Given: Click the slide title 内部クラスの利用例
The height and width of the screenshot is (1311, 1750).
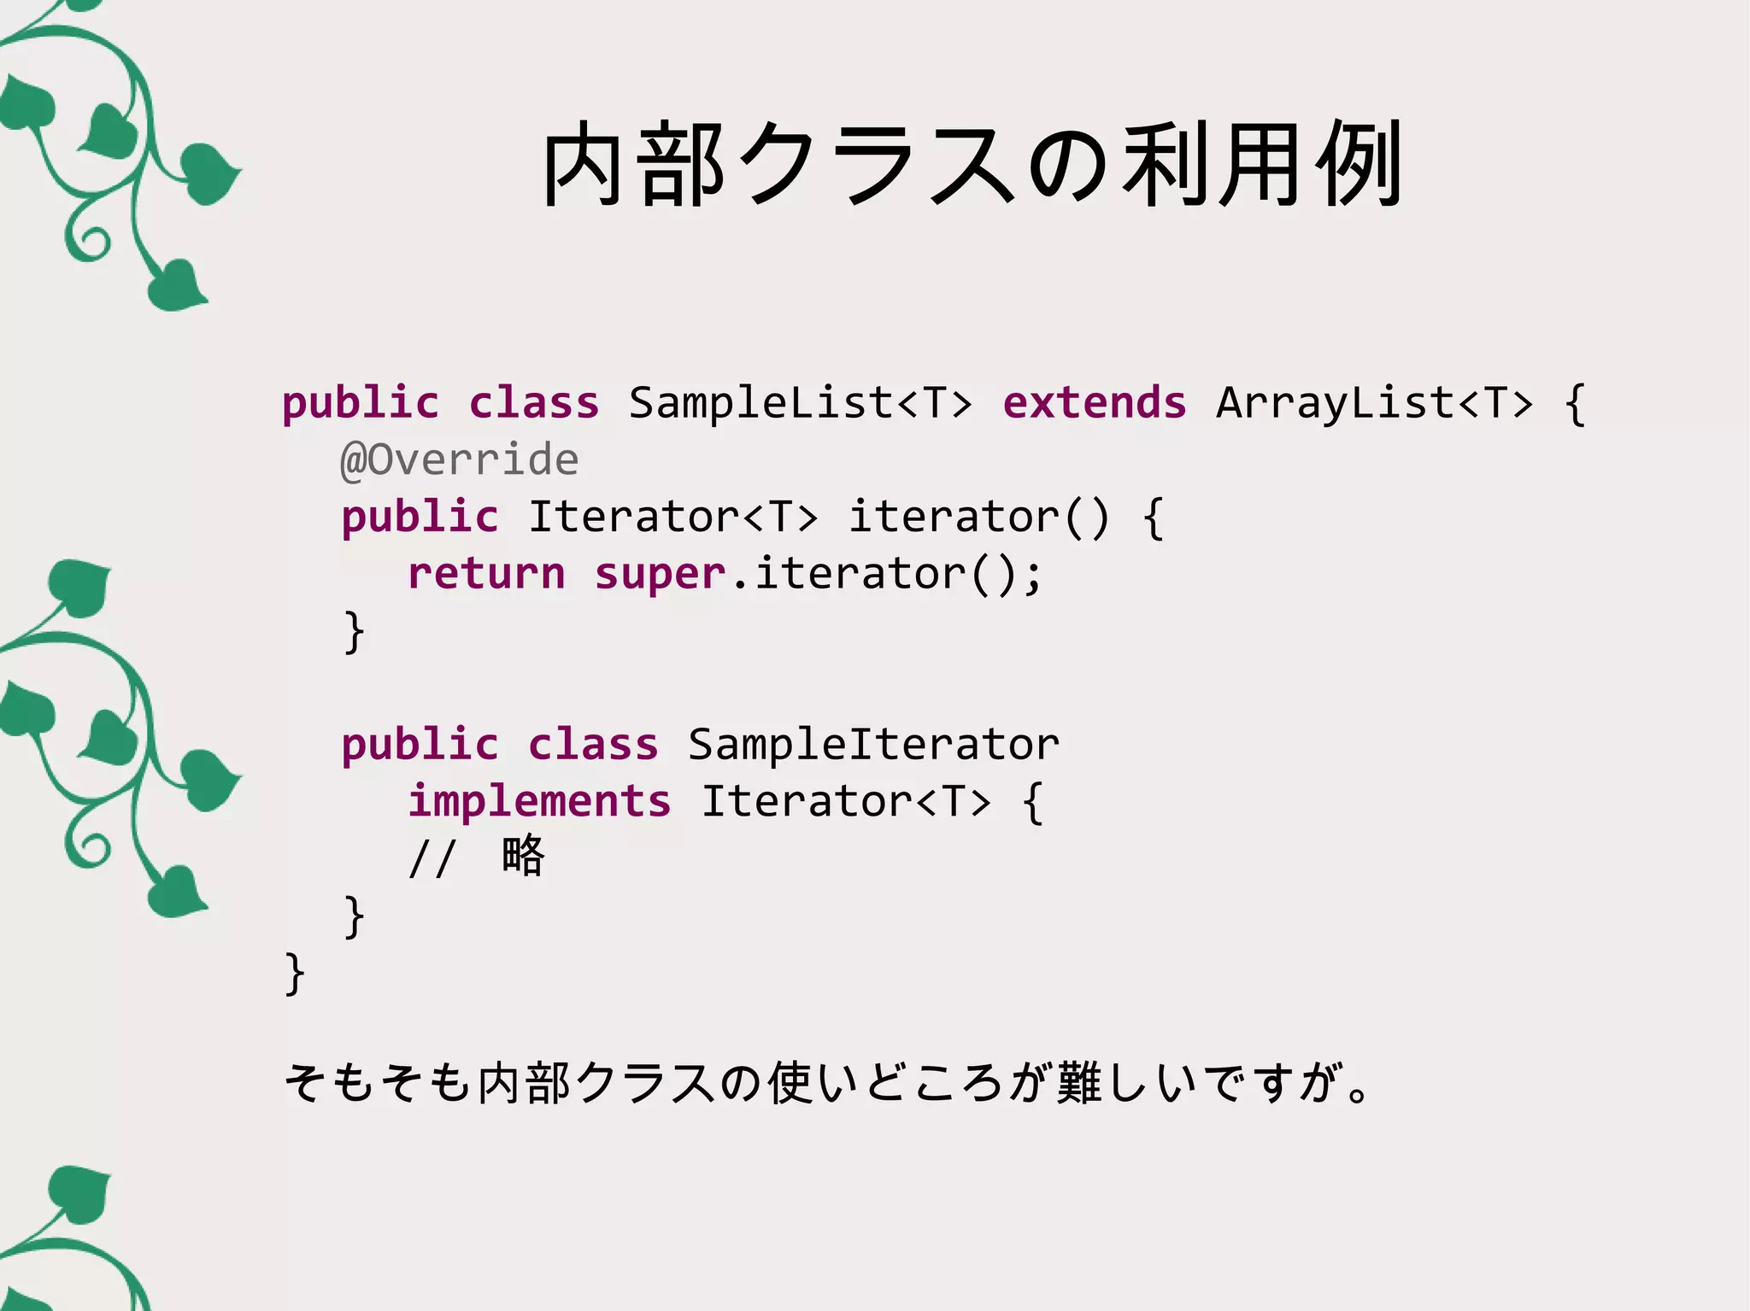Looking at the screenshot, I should coord(972,165).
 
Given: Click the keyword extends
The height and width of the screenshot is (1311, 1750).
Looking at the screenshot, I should coord(1095,403).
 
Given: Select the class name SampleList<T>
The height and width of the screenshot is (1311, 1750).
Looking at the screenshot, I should coord(801,403).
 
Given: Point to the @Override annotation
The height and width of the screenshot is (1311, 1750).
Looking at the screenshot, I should coord(460,460).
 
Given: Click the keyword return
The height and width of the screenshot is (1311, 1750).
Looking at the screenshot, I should coord(486,574).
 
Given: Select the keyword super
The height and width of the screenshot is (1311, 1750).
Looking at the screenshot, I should coord(660,574).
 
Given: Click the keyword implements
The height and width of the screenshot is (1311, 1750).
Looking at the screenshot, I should coord(539,802).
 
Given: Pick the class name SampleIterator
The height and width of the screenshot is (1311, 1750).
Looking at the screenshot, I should coord(873,745).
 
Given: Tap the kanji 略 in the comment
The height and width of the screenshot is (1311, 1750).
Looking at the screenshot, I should coord(523,856).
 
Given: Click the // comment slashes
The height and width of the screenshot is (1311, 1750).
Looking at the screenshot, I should coord(432,858).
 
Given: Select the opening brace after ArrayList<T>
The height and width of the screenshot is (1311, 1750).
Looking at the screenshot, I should coord(1575,403).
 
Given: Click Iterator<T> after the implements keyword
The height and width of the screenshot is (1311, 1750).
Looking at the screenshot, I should coord(846,802).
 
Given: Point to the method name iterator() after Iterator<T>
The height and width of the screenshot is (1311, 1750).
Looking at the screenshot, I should coord(978,518).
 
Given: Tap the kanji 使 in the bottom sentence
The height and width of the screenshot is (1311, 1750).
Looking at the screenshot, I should coord(789,1083).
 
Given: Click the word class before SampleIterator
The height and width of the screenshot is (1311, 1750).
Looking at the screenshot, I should coord(593,745).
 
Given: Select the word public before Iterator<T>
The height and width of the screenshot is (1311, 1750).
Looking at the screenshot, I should coord(420,518).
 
